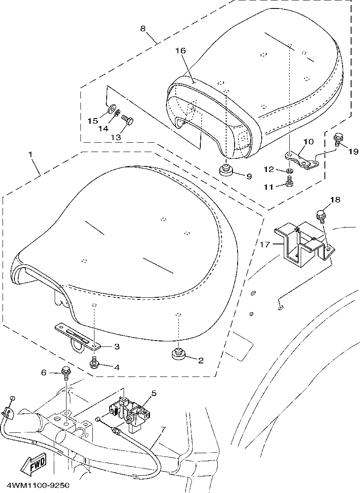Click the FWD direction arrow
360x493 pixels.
point(34,463)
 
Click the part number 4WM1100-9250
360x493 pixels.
point(35,485)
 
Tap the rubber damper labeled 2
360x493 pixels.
point(179,353)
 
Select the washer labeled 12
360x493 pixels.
point(290,171)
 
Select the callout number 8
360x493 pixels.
point(143,29)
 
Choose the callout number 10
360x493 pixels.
point(308,141)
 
